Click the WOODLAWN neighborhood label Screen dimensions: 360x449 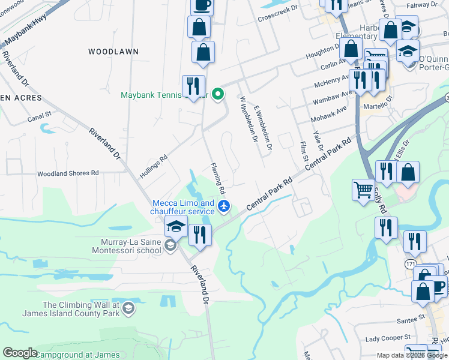tap(113, 52)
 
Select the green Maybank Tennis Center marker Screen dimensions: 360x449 tap(219, 94)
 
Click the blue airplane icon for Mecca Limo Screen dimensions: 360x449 tap(224, 207)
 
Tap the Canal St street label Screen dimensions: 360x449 tap(40, 116)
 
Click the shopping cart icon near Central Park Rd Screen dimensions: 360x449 tap(363, 190)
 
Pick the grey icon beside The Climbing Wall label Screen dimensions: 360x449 tap(127, 308)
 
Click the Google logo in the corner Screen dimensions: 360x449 tap(20, 353)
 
